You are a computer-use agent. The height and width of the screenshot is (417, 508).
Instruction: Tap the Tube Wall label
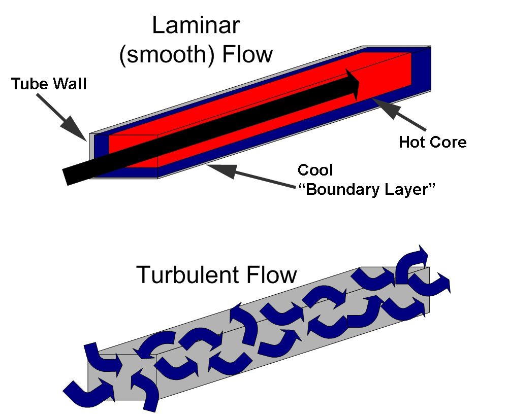pos(49,84)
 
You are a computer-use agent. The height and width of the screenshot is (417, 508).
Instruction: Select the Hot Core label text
pos(432,142)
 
